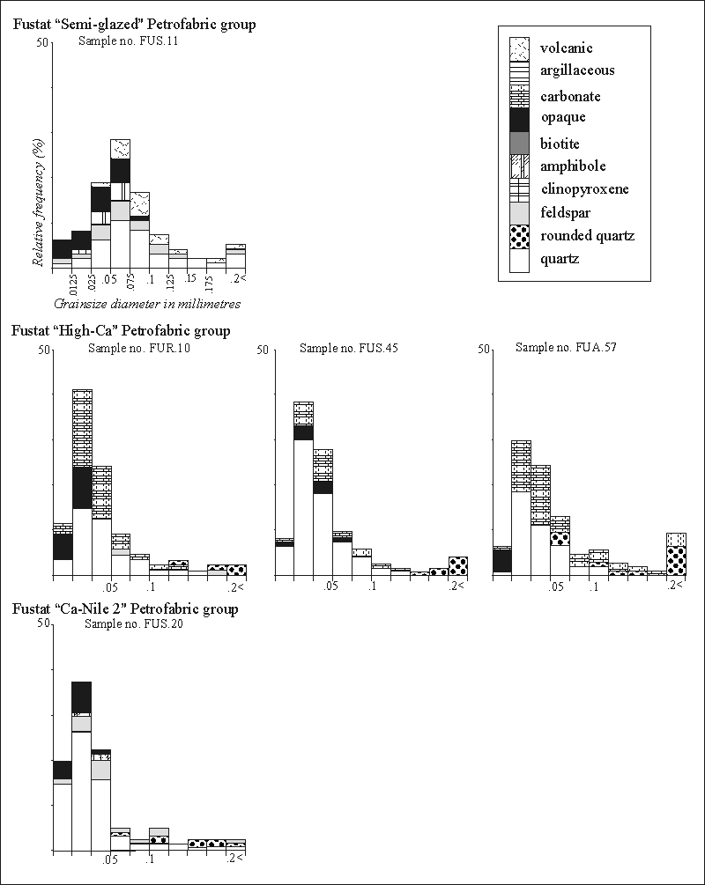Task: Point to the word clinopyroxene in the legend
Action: [584, 189]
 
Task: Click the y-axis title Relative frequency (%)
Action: [39, 208]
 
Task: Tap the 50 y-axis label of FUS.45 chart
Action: [261, 350]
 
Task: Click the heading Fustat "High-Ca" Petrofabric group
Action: [121, 331]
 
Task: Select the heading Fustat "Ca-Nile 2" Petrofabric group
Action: [124, 608]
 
